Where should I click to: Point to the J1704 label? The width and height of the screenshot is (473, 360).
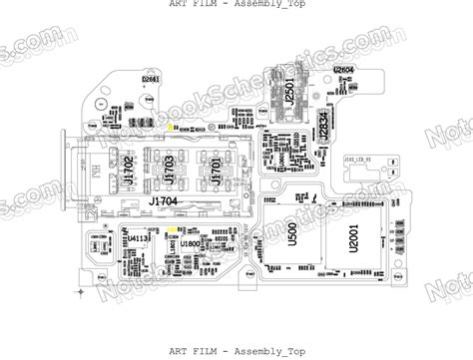(x=167, y=201)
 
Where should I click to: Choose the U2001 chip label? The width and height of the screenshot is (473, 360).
(x=352, y=239)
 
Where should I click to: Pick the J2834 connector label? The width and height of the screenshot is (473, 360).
(x=321, y=127)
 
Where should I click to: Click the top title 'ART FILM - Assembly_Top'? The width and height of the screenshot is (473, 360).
(x=236, y=5)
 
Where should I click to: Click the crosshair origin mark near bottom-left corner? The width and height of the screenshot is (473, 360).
(x=82, y=291)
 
